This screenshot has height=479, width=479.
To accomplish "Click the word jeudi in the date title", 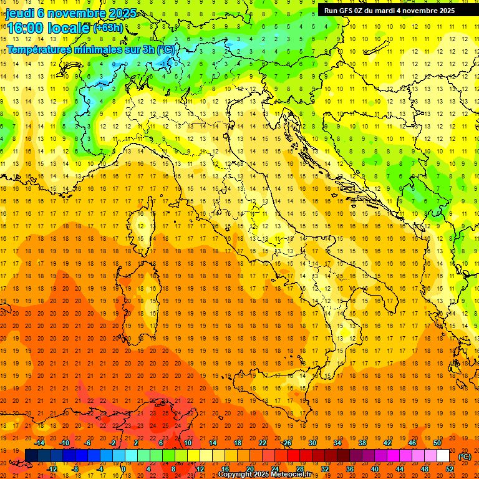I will coord(21,13).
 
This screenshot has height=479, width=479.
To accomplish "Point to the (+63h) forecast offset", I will coord(108,28).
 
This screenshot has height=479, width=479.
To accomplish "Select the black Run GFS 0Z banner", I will coord(389,10).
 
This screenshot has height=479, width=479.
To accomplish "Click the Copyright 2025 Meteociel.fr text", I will coord(268,475).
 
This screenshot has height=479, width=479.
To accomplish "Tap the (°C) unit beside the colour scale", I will coord(465,457).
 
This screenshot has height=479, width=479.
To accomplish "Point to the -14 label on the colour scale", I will coord(41,443).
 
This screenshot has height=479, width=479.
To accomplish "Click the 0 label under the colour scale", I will coord(123,469).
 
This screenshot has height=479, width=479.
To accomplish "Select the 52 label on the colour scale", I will coord(450,469).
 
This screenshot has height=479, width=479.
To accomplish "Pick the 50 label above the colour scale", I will coord(437,443).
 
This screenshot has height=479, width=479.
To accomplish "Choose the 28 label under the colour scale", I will coord(299,469).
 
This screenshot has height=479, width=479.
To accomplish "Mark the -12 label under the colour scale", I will coord(52,469).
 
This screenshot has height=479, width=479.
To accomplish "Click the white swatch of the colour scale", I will coord(443,456).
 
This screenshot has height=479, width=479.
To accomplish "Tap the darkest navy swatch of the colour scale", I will coord(32,456).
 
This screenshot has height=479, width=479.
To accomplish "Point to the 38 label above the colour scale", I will coord(362,443).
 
